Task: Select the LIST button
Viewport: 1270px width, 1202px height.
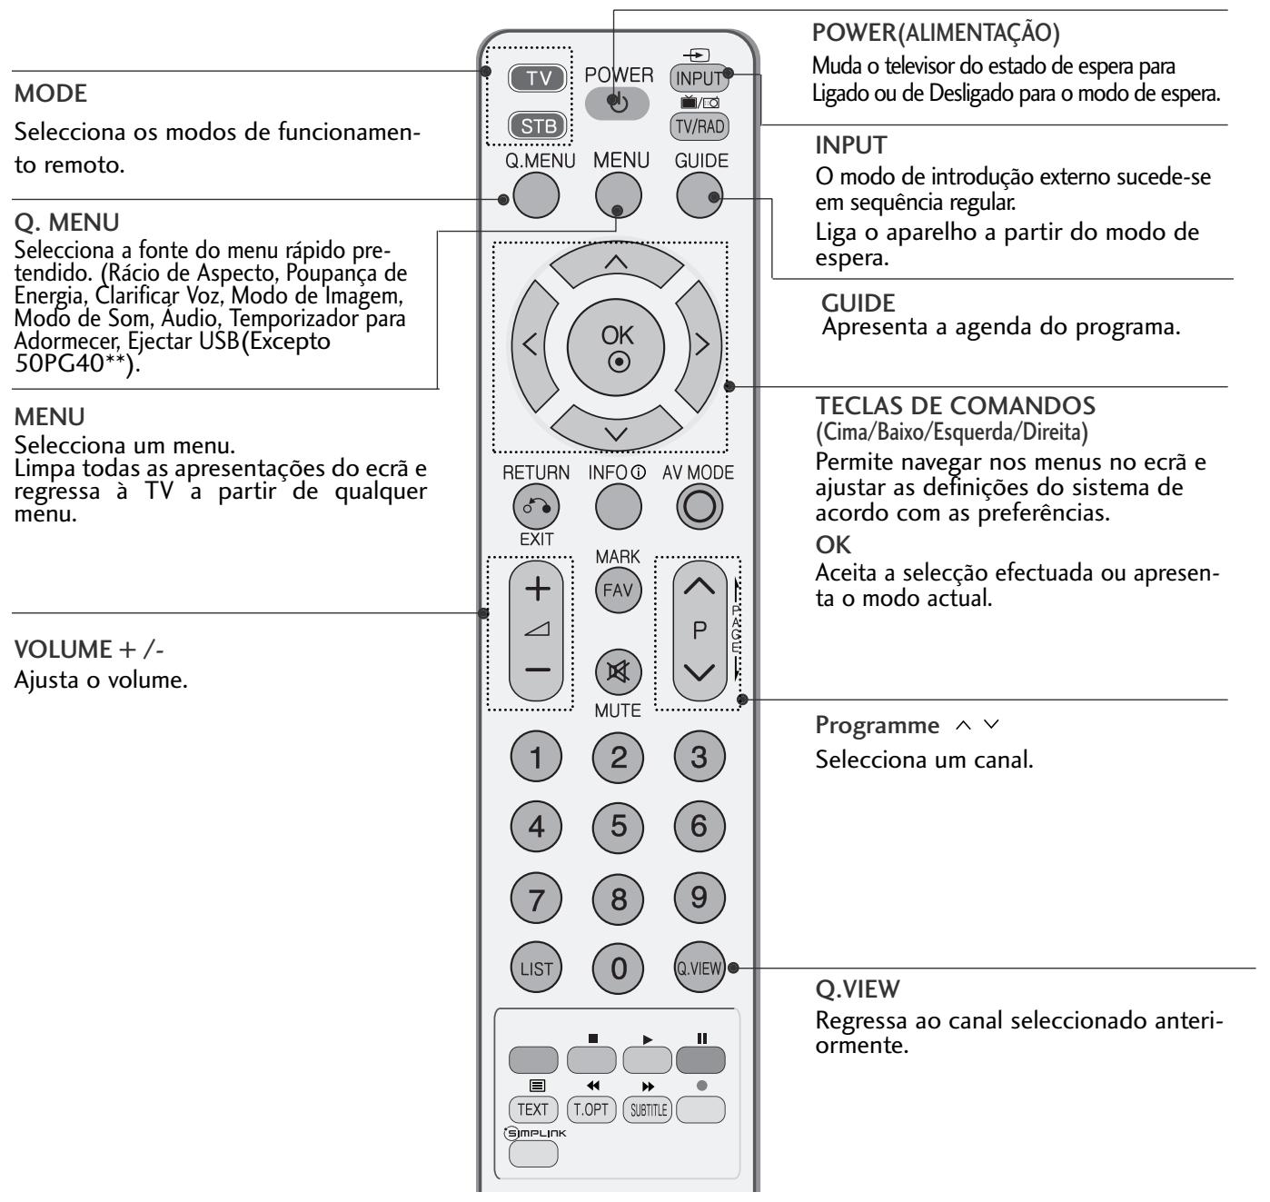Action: (x=536, y=969)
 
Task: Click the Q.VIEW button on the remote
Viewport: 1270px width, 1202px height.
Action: (x=699, y=969)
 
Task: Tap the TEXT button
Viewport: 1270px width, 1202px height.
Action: (x=533, y=1108)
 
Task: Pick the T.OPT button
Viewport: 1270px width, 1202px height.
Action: (x=590, y=1108)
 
